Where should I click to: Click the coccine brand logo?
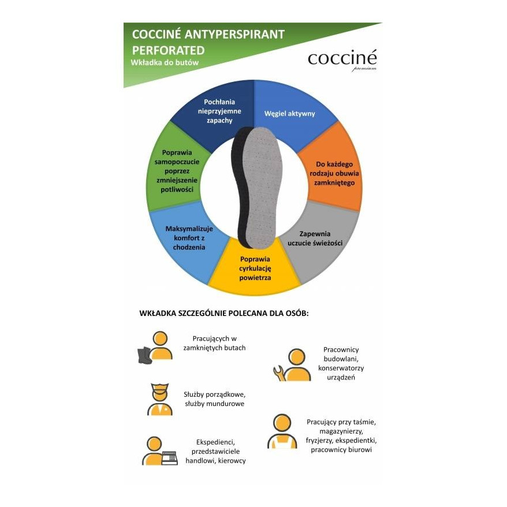(x=342, y=59)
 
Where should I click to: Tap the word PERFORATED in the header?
(x=168, y=50)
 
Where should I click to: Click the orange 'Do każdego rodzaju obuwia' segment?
(x=331, y=174)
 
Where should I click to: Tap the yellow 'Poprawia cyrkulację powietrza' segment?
(x=255, y=268)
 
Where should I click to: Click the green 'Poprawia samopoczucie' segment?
(x=177, y=171)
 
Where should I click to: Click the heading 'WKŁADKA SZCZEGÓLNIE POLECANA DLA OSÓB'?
(x=224, y=314)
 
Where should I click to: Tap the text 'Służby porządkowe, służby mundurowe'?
(x=214, y=399)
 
